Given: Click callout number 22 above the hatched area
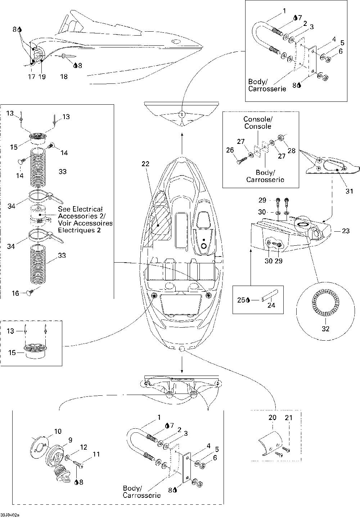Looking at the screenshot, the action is click(x=145, y=164).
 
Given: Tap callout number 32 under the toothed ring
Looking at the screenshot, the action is click(x=325, y=329).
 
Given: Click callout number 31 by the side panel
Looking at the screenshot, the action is click(x=349, y=191).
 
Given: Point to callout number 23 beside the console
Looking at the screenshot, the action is click(x=346, y=231).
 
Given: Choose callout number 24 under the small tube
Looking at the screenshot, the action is click(x=271, y=305).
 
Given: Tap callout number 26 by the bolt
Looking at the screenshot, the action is click(x=230, y=150).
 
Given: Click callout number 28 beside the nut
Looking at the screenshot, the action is click(x=292, y=150).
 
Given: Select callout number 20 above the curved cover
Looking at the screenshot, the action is click(x=273, y=417).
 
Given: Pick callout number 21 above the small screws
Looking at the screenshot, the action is click(x=289, y=417).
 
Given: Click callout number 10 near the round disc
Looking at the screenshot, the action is click(x=58, y=431).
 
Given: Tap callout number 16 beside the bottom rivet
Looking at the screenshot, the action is click(x=15, y=293).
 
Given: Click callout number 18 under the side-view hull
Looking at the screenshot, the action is click(x=64, y=77).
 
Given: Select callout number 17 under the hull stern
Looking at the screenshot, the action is click(x=31, y=77).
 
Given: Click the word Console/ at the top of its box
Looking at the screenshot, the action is click(x=258, y=119).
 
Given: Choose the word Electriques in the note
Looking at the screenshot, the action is click(x=79, y=230).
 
